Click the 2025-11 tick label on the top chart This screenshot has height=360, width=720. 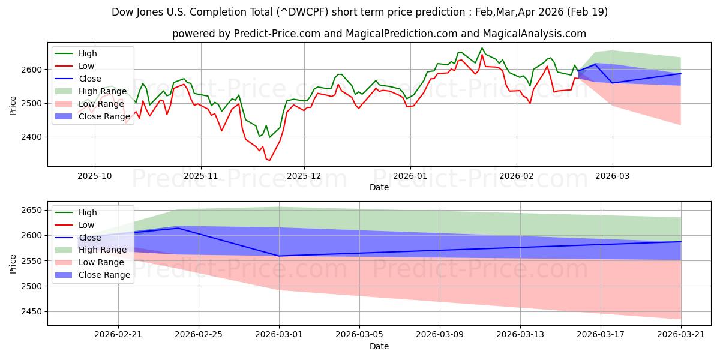[x=201, y=176]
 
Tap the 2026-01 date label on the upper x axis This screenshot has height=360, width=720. [x=410, y=176]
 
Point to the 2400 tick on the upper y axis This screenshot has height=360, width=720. [x=31, y=137]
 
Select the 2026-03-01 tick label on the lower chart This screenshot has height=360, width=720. [x=279, y=335]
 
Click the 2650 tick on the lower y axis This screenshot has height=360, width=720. [x=31, y=211]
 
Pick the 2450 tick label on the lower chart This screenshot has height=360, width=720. [x=31, y=312]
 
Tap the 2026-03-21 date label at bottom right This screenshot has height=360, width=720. [x=681, y=335]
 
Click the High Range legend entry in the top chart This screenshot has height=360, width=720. [x=91, y=91]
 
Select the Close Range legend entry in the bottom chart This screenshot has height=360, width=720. [x=92, y=275]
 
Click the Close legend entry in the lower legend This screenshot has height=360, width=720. [x=78, y=238]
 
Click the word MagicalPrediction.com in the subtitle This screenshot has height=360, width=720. [x=401, y=34]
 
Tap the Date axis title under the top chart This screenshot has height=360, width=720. [x=379, y=187]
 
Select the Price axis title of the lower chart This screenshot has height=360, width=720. [x=13, y=264]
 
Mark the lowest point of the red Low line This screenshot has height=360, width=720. [x=269, y=160]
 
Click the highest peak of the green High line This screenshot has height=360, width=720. [x=481, y=48]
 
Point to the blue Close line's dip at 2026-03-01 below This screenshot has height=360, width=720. [x=279, y=256]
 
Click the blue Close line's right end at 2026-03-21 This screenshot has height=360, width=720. [x=681, y=242]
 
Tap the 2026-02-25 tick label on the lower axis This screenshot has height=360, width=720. [x=199, y=335]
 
